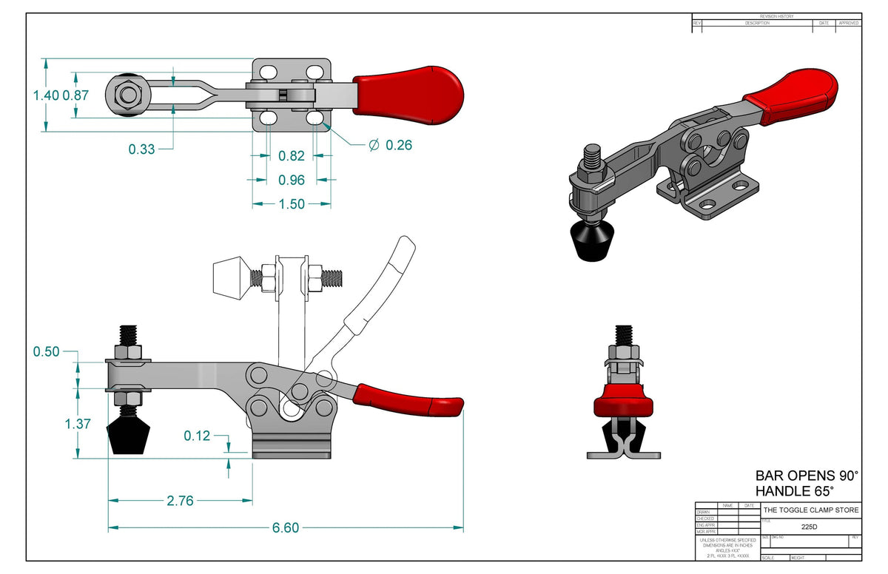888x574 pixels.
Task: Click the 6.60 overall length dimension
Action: (286, 528)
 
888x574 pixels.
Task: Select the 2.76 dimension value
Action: (180, 501)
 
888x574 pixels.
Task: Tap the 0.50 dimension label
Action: (46, 351)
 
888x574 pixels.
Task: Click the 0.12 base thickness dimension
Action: (197, 436)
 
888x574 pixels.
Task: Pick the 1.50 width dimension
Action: (292, 204)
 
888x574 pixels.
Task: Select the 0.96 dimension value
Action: (292, 180)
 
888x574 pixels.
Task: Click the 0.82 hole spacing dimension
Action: (292, 156)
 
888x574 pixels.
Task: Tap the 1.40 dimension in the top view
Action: (46, 95)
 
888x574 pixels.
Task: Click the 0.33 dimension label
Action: (141, 149)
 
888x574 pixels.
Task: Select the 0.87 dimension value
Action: (76, 95)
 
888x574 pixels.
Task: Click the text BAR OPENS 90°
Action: (807, 475)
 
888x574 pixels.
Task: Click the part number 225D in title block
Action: (810, 527)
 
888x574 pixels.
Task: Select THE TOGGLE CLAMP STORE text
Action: (811, 510)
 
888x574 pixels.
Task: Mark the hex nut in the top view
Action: (129, 95)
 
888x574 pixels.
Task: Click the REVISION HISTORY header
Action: (777, 16)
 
